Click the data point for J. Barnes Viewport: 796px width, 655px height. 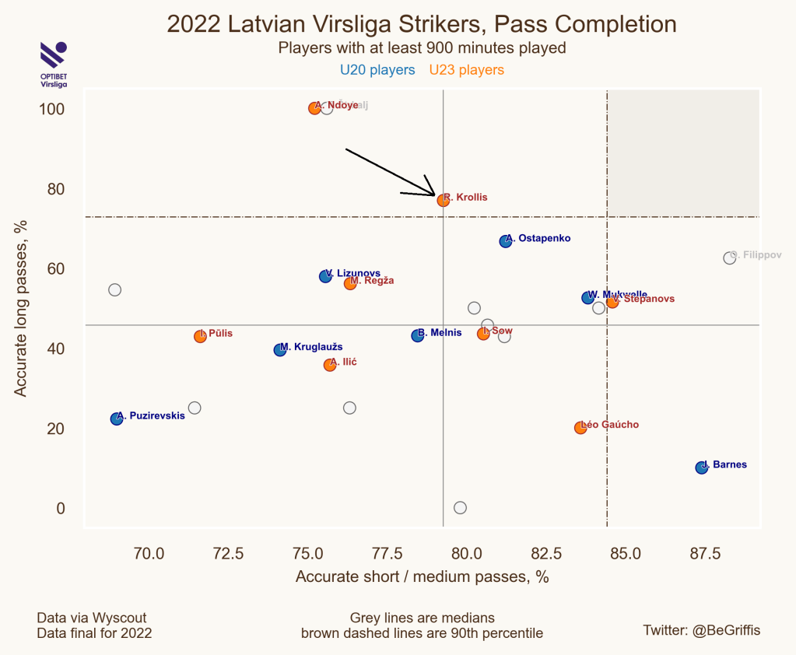click(701, 468)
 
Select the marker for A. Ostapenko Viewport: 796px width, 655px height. click(506, 241)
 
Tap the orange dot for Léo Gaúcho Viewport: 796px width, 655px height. click(580, 428)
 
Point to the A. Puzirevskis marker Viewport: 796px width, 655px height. click(117, 419)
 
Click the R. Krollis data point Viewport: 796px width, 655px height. click(443, 200)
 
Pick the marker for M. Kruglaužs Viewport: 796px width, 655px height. click(280, 350)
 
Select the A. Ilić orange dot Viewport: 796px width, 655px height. click(330, 365)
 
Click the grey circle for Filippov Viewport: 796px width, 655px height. click(729, 257)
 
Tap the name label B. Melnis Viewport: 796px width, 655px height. click(440, 333)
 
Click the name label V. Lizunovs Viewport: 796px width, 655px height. click(354, 273)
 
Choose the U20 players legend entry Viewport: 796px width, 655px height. click(377, 70)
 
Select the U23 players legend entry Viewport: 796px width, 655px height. click(467, 70)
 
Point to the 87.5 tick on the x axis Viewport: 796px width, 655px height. click(705, 554)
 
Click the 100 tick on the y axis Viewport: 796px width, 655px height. click(51, 109)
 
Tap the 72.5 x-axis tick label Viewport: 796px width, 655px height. click(228, 554)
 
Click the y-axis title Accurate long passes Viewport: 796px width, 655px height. click(21, 307)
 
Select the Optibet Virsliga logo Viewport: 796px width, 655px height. click(53, 65)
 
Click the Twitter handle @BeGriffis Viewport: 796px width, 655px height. click(701, 630)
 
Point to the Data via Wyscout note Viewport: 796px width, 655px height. click(91, 618)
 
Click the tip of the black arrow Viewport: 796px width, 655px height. click(434, 195)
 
